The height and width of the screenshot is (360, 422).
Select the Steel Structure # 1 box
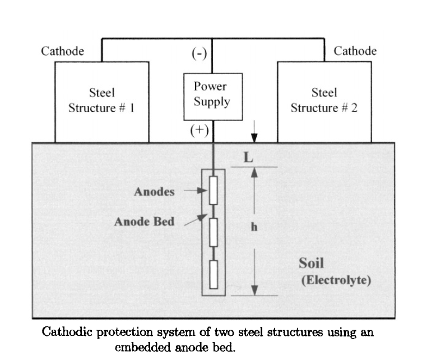coord(101,101)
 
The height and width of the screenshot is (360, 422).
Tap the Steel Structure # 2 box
coord(324,101)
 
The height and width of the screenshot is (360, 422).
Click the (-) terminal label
coord(200,54)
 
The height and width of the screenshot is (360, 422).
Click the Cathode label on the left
coord(63,52)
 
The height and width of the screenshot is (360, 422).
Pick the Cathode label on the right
coord(355,52)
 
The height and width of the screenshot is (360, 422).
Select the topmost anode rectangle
coord(213,191)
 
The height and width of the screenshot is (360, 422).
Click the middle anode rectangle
coord(213,233)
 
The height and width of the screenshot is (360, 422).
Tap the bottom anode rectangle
coord(213,274)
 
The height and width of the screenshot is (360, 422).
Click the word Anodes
coord(154,192)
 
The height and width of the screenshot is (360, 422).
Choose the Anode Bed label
coord(144,221)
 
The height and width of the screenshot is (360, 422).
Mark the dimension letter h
coord(253,230)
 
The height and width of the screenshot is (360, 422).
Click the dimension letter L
coord(247,158)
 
